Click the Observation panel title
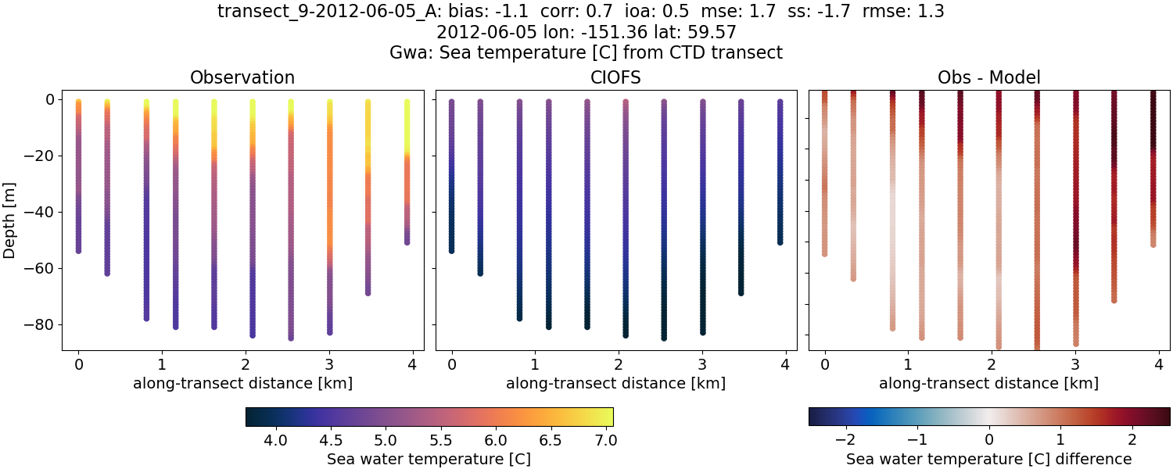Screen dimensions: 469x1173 242,77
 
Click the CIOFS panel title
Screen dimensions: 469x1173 615,77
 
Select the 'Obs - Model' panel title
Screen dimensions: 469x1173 988,77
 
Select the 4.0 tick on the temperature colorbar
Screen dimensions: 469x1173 275,440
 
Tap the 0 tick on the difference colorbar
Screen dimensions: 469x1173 989,440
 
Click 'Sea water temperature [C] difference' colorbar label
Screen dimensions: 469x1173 988,459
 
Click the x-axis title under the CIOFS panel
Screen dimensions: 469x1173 615,384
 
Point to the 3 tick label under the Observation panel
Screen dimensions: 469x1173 329,364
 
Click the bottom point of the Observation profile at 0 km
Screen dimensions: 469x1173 78,250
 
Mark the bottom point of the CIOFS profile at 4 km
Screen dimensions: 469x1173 780,242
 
